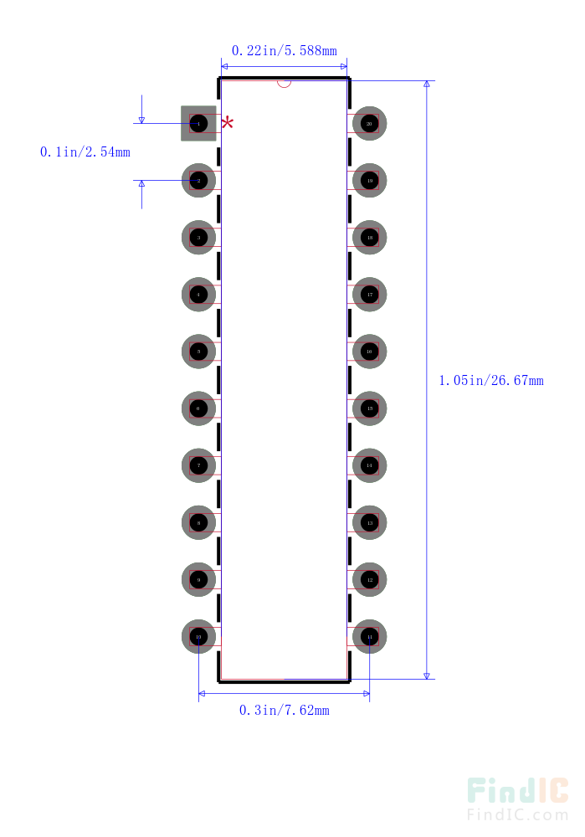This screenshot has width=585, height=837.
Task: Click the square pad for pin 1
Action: [x=198, y=124]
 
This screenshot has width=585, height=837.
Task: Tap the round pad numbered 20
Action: [x=369, y=124]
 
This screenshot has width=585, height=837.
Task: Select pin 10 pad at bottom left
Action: [x=198, y=636]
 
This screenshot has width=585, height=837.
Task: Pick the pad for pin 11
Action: [x=369, y=636]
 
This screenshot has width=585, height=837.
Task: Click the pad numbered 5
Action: [x=198, y=352]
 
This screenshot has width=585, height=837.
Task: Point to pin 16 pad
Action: [x=369, y=352]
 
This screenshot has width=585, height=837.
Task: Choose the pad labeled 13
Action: [x=369, y=522]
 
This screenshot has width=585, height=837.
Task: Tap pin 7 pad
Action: [x=198, y=465]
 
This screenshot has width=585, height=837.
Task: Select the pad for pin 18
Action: [x=369, y=238]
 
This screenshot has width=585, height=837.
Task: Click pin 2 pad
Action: [x=198, y=181]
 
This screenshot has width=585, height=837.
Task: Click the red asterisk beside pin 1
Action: [x=227, y=124]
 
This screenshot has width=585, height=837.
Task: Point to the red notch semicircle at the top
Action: [x=284, y=83]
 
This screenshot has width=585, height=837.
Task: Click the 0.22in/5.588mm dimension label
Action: [x=284, y=51]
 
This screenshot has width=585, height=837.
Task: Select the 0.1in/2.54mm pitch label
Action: [x=85, y=152]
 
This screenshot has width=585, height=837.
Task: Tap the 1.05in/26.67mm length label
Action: [x=490, y=381]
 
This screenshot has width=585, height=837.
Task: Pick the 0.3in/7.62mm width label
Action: [x=284, y=711]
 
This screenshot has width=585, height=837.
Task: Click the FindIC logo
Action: [x=517, y=792]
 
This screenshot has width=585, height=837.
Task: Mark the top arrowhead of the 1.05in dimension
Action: [x=427, y=85]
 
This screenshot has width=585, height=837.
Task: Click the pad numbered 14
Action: [x=369, y=465]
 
